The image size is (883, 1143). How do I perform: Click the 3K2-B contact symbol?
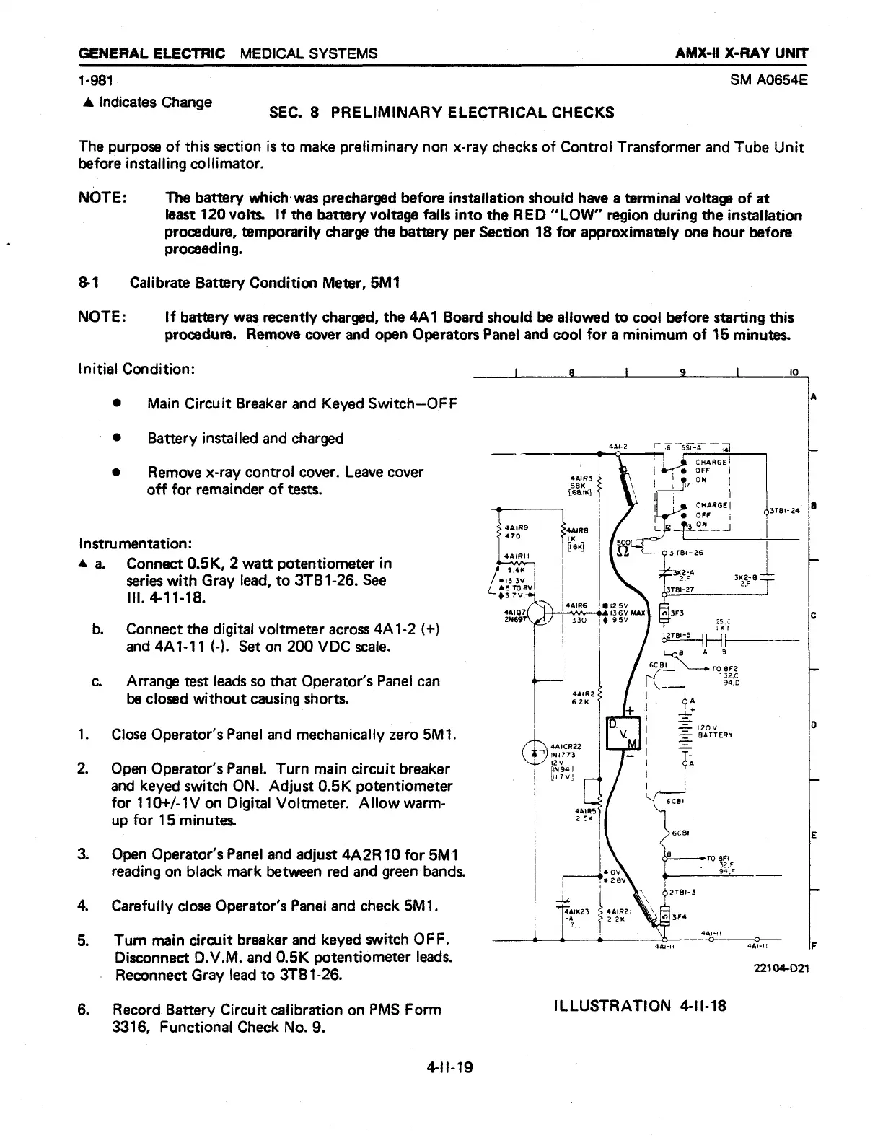[x=765, y=578]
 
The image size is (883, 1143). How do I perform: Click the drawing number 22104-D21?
[x=781, y=968]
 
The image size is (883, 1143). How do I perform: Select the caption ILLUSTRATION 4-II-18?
[x=639, y=1004]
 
